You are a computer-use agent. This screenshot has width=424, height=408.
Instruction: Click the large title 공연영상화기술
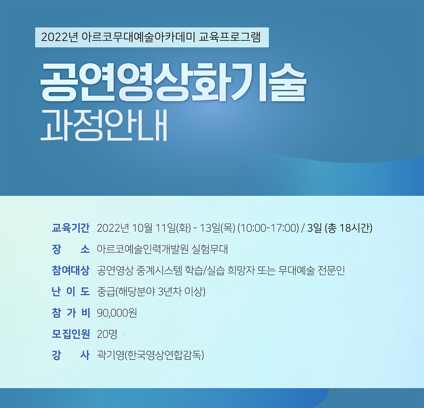(x=173, y=82)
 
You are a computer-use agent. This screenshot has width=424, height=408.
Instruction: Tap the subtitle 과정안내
(x=104, y=126)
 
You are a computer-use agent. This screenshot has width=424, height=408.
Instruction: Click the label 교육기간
(x=71, y=228)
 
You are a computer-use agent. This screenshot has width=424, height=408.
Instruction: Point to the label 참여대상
(x=71, y=270)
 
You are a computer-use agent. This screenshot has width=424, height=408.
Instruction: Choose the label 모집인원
(x=71, y=334)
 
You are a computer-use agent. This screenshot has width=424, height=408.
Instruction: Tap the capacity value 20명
(x=107, y=334)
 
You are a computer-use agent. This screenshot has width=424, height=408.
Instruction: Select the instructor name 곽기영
(x=110, y=355)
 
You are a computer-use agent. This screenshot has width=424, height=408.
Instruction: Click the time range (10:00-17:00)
(x=268, y=228)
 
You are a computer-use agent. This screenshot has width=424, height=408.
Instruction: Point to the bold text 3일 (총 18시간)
(x=340, y=228)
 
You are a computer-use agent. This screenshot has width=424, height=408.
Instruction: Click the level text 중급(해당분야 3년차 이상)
(x=151, y=292)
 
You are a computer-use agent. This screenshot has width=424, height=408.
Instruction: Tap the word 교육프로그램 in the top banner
(x=230, y=37)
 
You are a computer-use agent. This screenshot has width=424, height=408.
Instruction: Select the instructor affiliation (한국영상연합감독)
(x=164, y=355)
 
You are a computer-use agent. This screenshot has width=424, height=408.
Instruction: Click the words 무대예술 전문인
(x=311, y=270)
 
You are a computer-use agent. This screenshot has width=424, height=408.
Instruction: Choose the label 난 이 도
(x=71, y=292)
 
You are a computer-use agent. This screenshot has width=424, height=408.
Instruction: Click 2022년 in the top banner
(x=59, y=37)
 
